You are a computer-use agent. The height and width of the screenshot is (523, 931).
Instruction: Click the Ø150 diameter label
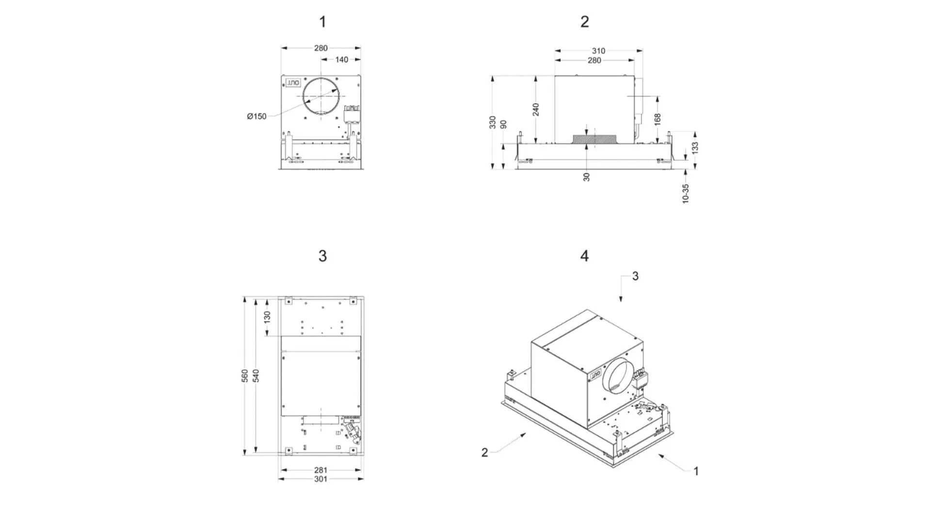(x=257, y=116)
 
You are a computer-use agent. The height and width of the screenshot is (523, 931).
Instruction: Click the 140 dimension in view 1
(x=341, y=60)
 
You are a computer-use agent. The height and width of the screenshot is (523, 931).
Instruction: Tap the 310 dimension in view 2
(x=598, y=50)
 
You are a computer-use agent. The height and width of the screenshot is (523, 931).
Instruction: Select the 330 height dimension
(x=493, y=122)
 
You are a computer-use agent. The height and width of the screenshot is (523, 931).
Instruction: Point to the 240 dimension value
(x=536, y=110)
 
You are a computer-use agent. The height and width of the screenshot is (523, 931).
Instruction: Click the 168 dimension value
(x=658, y=119)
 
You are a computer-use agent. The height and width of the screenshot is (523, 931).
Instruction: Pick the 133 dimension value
(x=695, y=148)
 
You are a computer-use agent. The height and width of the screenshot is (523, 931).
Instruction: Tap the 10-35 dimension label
(x=685, y=193)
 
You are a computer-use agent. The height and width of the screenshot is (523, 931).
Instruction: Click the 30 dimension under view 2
(x=587, y=177)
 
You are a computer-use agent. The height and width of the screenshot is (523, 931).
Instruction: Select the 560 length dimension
(x=245, y=376)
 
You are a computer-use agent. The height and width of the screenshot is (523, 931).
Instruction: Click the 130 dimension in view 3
(x=267, y=317)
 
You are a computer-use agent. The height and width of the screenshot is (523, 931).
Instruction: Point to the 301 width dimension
(x=321, y=479)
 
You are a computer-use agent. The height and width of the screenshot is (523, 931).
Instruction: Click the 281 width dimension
(x=321, y=470)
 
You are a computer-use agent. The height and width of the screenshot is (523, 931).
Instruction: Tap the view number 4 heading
(x=584, y=256)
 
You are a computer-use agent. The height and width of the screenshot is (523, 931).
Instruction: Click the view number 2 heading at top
(x=584, y=22)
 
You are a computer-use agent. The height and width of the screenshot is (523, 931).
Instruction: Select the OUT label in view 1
(x=293, y=83)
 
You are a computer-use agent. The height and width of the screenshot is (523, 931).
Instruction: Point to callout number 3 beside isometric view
(x=635, y=276)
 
